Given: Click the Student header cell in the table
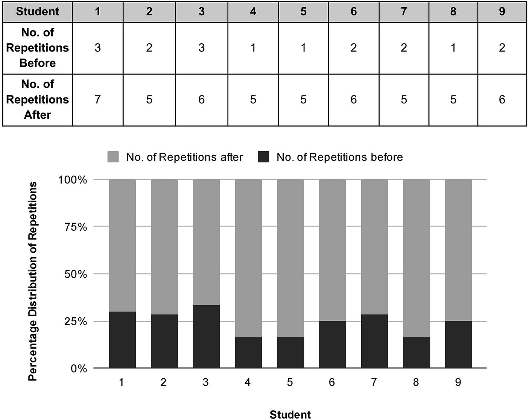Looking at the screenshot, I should click(37, 11).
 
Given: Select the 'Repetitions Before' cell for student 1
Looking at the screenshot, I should click(97, 48).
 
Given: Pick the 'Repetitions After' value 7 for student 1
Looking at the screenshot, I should click(97, 100).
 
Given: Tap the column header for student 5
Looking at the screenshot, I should click(303, 11).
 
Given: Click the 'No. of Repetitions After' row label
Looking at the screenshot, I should click(37, 100).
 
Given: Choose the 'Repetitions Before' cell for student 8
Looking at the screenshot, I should click(453, 48).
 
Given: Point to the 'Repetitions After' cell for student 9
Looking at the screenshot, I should click(502, 100).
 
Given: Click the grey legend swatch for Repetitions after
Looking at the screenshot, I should click(113, 157).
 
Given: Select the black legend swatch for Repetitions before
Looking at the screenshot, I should click(263, 157).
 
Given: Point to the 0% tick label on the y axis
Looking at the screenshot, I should click(79, 368).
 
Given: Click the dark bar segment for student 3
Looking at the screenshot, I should click(206, 337).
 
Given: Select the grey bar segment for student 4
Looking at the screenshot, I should click(248, 258).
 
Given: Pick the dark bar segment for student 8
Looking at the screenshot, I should click(417, 352).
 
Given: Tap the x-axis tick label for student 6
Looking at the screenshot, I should click(332, 382).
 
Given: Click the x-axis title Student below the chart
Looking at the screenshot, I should click(290, 414).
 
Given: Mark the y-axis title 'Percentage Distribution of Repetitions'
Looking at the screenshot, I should click(33, 281).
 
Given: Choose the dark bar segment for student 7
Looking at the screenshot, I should click(374, 341).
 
